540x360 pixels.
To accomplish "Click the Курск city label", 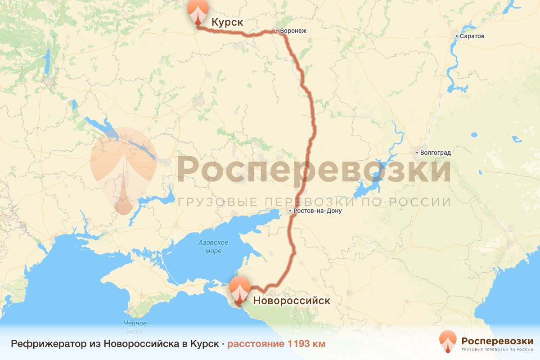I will [227, 22].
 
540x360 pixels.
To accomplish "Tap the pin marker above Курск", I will [198, 12].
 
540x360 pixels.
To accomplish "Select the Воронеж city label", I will [293, 31].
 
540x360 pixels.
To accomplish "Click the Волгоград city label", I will [435, 153].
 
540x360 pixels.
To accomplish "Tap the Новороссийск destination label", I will [292, 300].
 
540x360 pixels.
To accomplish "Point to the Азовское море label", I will [213, 247].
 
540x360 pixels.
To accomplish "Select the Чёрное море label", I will [135, 328].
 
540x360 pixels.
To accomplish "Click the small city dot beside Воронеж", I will [277, 31].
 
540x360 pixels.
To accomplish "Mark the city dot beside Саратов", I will [456, 36].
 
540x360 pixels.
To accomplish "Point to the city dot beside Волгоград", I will [417, 153].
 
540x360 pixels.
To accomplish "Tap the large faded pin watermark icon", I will [123, 169].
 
